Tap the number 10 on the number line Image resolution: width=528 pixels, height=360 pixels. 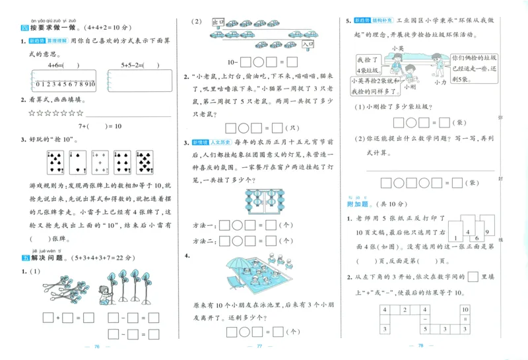(x=92, y=84)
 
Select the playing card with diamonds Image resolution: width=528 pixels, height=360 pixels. (x=101, y=162)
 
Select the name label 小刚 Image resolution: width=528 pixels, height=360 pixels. (x=410, y=87)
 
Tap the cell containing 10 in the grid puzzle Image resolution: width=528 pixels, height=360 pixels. (x=465, y=309)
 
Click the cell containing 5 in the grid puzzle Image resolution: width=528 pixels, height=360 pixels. (x=426, y=328)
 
